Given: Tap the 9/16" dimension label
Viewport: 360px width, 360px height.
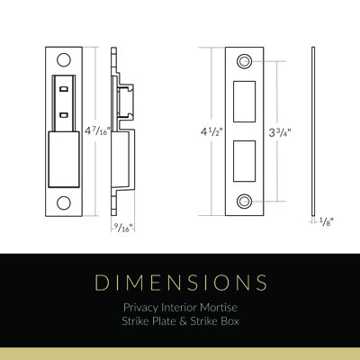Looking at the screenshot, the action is coord(123,228).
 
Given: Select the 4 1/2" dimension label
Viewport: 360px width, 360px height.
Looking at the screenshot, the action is coord(211,131).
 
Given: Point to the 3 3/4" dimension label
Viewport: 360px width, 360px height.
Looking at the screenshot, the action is coord(280,132).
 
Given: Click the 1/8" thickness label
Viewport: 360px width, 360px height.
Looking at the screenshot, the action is coord(327,221).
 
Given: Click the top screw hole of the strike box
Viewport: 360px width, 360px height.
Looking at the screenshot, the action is coord(64,59).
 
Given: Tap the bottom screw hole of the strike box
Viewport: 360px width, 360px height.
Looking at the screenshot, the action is coord(64,202).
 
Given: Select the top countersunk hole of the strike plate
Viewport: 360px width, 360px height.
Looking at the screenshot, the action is coord(244,61).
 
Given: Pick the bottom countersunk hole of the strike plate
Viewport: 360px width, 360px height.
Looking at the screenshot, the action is coord(244,202).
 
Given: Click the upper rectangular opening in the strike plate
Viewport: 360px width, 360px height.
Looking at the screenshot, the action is coord(244,102).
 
